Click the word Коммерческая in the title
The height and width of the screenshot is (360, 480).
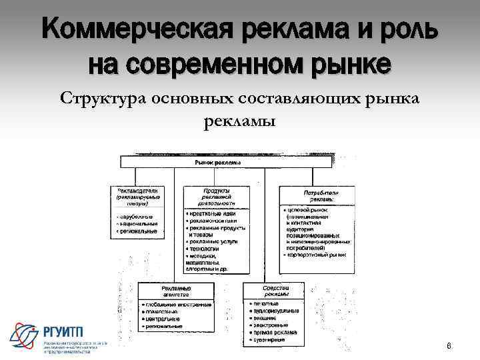pos(131,29)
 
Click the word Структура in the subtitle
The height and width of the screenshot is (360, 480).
pos(104,99)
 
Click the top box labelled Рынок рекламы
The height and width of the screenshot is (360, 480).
pos(219,162)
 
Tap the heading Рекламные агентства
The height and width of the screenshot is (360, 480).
pos(176,292)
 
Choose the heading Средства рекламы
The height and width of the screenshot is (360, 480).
pos(275,292)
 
